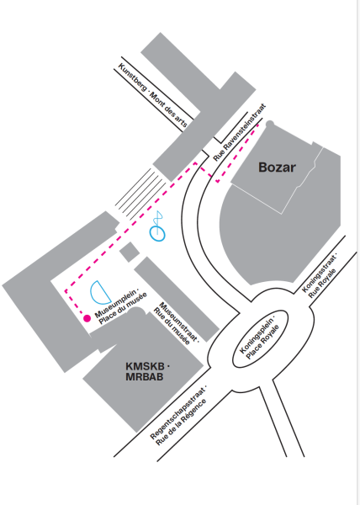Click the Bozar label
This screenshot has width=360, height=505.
coord(277,167)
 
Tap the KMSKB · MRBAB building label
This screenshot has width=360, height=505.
coord(147,371)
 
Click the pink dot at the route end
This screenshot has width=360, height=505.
coord(87,318)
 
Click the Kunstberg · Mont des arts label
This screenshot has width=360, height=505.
coord(153,95)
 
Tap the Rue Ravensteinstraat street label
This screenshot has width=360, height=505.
coord(240,132)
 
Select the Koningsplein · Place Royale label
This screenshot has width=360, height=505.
coord(260,338)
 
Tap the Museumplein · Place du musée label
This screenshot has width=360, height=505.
coord(121,307)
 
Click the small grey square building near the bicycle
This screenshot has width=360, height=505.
coord(130,252)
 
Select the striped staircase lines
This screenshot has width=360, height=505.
coord(140,194)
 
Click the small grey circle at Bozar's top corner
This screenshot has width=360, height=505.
coord(270,124)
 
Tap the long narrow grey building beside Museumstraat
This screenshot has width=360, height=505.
coord(177,299)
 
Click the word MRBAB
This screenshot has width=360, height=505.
coord(145,377)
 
